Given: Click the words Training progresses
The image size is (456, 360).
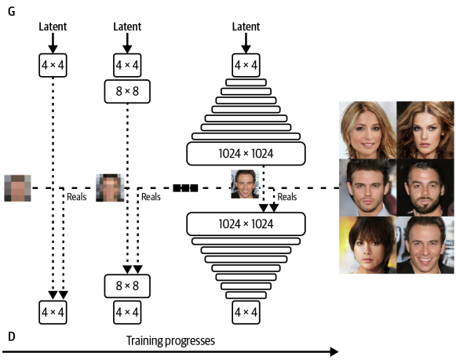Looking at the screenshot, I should click(x=171, y=341).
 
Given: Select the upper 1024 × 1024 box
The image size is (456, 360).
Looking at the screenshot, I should click(x=245, y=153).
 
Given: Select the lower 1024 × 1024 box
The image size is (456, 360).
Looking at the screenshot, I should click(x=245, y=224).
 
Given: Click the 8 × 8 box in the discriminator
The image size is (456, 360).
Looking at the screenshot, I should click(x=128, y=285).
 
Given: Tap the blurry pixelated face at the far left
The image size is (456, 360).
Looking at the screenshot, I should click(x=17, y=188).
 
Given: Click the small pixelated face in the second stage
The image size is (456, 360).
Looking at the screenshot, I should click(x=110, y=188).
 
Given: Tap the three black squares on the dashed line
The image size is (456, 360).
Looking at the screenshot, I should click(x=185, y=188).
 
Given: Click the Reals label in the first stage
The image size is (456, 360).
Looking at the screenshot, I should click(x=77, y=198).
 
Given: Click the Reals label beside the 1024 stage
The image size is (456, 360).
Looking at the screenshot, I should click(x=288, y=198).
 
